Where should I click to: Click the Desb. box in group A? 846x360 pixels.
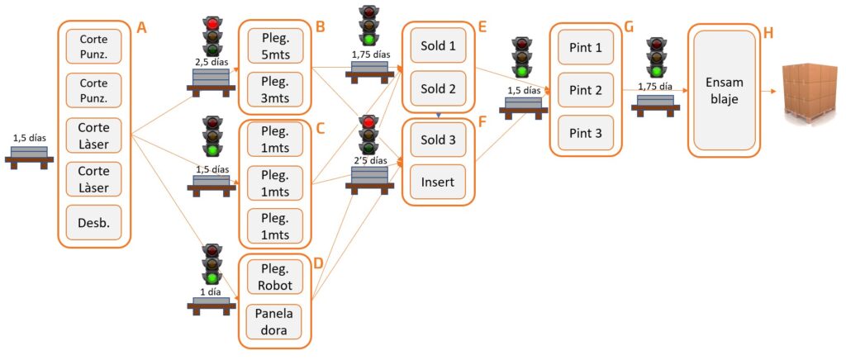93,223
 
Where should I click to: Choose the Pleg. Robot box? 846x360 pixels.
275,277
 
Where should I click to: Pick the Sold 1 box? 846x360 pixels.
439,45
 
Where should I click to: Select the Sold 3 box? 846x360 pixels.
439,139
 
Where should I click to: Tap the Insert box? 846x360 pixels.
439,182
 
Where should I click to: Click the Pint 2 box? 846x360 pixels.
585,88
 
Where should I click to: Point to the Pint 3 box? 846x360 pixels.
585,132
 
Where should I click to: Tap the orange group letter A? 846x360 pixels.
140,28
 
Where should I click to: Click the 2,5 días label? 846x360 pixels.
211,61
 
